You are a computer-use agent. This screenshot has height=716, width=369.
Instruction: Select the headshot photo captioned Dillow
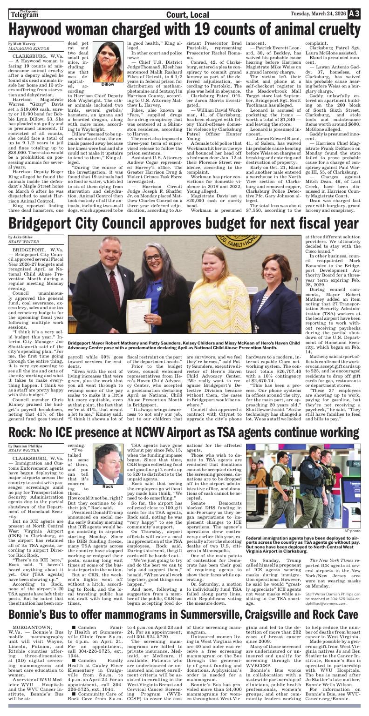pos(108,62)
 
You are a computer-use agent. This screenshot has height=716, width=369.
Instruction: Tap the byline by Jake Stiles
pos(22,237)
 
